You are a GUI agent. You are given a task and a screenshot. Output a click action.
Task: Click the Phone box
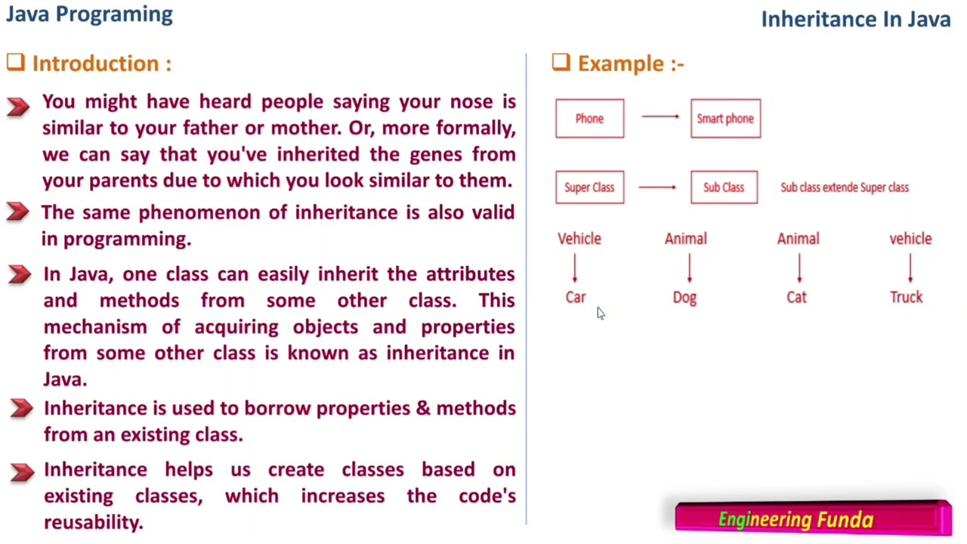(589, 119)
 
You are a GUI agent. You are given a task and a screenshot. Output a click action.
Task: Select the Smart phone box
(725, 119)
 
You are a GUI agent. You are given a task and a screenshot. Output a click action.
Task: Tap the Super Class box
(589, 187)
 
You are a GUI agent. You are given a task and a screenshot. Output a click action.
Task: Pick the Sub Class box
(724, 187)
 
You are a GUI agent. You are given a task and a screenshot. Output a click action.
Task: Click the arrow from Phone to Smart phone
(660, 116)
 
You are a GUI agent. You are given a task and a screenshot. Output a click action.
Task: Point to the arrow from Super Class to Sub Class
(657, 187)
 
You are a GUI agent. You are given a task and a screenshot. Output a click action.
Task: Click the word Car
(576, 298)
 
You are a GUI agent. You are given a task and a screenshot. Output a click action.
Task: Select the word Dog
(684, 298)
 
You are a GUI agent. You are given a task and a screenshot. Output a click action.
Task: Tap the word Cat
(796, 298)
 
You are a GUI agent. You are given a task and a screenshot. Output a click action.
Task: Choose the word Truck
(906, 298)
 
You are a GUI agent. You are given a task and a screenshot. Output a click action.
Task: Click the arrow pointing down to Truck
(910, 268)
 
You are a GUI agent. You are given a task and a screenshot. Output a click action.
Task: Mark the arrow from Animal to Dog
(689, 268)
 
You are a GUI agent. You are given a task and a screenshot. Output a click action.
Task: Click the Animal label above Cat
(798, 239)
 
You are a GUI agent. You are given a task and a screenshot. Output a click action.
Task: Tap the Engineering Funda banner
(813, 519)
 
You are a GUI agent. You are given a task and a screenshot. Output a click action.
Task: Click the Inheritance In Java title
(855, 20)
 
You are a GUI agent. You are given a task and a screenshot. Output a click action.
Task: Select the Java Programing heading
(89, 14)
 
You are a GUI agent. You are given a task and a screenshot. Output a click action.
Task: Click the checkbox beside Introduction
(16, 63)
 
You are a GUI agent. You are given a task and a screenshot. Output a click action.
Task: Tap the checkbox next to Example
(561, 63)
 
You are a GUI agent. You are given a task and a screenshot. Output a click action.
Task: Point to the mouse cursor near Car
(601, 314)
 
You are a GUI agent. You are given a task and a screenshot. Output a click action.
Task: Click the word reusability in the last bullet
(92, 522)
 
